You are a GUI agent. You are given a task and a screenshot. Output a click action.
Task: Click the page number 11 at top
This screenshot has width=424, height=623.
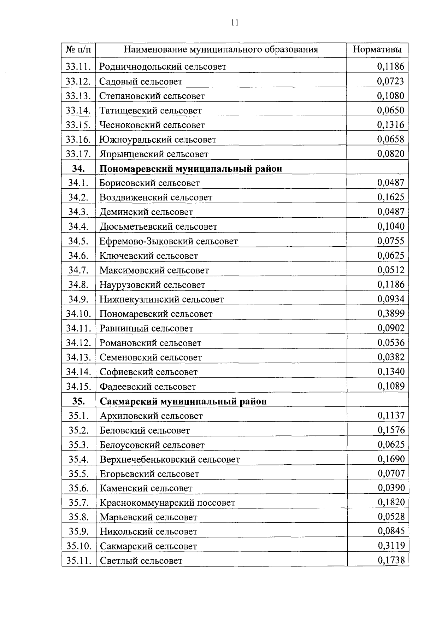[x=235, y=23]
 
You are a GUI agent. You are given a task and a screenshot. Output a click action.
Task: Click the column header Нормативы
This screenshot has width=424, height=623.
[x=377, y=49]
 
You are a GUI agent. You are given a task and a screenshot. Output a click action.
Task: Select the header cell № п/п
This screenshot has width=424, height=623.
[x=78, y=49]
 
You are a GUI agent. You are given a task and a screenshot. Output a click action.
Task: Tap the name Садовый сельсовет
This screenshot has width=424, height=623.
[x=141, y=82]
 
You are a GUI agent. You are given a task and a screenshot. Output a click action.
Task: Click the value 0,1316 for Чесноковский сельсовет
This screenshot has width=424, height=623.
[x=390, y=125]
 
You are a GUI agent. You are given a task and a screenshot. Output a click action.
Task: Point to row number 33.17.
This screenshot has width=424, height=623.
[x=78, y=154]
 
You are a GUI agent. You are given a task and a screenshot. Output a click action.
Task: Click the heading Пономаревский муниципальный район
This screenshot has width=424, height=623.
[x=191, y=169]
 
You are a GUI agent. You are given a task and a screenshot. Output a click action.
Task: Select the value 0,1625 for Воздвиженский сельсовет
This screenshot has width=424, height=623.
[x=390, y=197]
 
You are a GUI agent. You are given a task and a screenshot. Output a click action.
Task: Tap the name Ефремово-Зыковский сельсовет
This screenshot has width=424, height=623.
[x=169, y=241]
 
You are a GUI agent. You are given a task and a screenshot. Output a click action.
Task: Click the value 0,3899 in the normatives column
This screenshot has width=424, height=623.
[x=391, y=313]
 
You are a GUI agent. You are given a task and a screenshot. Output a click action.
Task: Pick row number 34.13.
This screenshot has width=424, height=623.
[x=79, y=357]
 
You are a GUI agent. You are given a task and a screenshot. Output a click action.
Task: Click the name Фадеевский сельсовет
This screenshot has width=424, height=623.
[x=148, y=387]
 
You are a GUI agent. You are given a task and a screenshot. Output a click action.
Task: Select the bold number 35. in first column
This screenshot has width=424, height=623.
[x=78, y=401]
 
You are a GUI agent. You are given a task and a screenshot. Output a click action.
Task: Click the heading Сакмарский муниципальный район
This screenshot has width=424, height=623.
[x=183, y=401]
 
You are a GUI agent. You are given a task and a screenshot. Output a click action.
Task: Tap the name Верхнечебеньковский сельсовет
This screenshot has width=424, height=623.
[x=170, y=459]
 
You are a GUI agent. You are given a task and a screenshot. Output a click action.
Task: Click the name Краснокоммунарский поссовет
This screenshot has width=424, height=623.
[x=167, y=503]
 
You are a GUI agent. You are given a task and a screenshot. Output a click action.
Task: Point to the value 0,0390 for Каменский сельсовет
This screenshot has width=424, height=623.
[x=391, y=488]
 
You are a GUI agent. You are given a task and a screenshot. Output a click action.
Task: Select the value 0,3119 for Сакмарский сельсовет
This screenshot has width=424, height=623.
[x=391, y=546]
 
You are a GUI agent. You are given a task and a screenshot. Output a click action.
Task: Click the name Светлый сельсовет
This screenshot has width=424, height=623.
[x=141, y=561]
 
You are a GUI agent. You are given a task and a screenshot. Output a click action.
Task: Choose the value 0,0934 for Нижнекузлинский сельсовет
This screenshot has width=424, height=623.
[x=391, y=299]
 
